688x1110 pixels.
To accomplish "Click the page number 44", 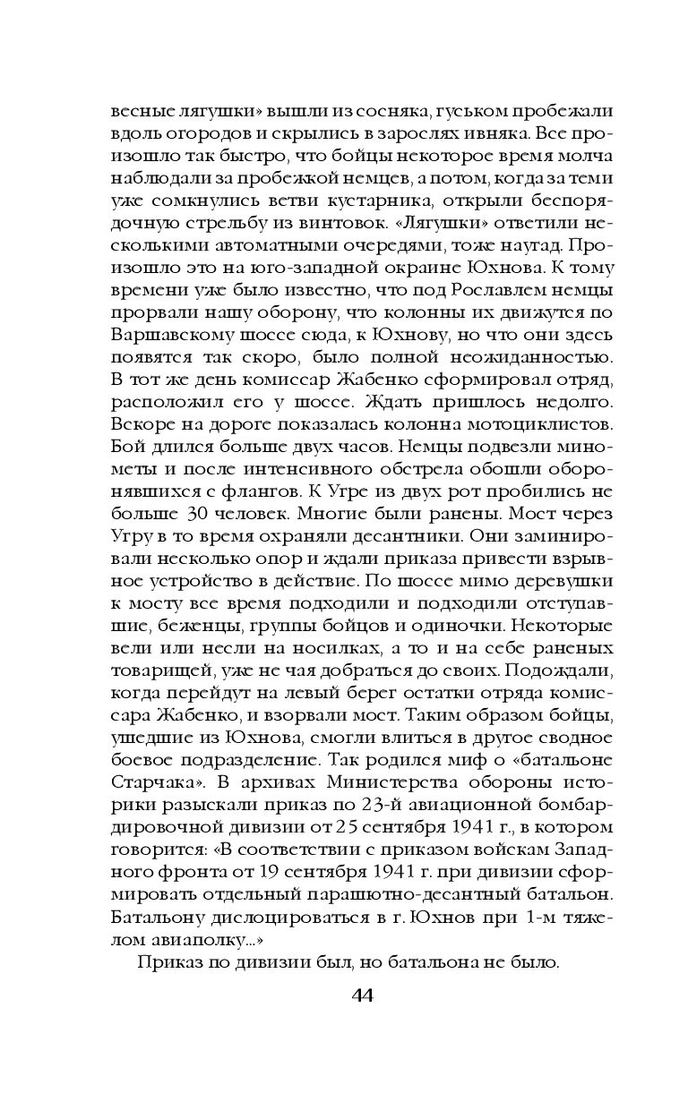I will pos(344,996).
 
